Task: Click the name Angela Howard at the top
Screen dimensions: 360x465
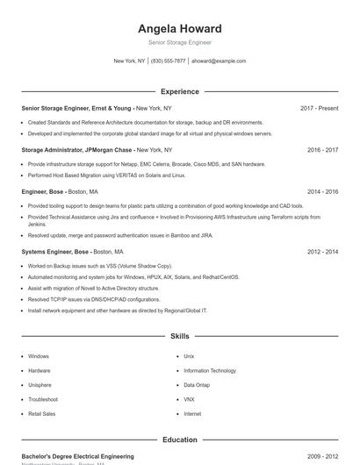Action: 179,28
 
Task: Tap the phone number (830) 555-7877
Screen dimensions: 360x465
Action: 168,61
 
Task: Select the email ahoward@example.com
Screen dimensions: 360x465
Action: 219,61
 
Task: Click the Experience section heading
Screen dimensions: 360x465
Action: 179,91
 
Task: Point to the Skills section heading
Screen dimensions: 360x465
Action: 179,336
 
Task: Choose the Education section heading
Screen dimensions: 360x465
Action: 179,440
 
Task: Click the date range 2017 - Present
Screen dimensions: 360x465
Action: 319,108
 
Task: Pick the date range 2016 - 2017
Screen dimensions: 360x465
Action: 322,150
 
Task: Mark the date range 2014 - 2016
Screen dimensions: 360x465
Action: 322,191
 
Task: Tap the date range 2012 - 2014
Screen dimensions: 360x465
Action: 322,252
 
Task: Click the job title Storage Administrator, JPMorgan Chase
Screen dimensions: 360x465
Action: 76,150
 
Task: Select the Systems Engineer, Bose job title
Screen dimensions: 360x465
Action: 55,252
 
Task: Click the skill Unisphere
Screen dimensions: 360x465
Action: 40,385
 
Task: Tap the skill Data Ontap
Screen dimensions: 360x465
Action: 197,385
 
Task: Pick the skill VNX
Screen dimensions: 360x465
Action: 189,399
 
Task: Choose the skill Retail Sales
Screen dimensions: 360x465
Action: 41,413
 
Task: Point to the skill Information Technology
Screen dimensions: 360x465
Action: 210,371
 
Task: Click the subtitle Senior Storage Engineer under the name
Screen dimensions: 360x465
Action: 179,42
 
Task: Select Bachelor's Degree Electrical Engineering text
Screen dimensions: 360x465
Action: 77,456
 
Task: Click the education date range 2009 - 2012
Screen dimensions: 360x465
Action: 322,456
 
